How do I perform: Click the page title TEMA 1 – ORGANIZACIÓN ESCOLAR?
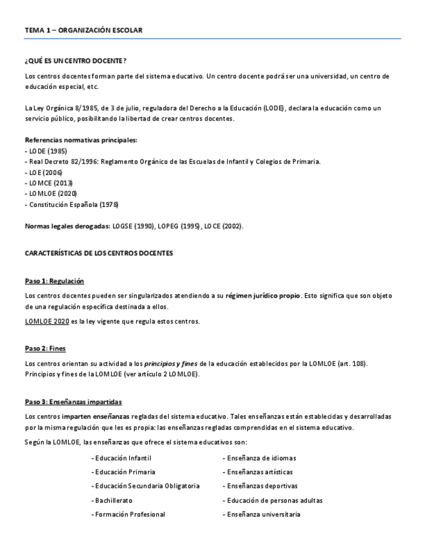[83, 30]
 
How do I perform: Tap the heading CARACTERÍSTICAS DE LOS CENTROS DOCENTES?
[99, 252]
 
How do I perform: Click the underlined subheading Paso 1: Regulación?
[55, 281]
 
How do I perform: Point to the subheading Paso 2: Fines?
[45, 348]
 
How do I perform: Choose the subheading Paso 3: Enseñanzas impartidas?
[73, 401]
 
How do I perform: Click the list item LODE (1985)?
[42, 150]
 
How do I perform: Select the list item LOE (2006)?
[41, 172]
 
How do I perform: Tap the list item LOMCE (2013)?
[45, 183]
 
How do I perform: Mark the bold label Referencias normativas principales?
[80, 139]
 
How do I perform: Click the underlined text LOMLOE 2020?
[46, 322]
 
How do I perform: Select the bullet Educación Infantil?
[123, 458]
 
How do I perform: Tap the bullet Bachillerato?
[113, 500]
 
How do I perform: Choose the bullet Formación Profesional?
[129, 514]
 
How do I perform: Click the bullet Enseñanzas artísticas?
[259, 472]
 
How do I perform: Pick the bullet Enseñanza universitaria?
[263, 514]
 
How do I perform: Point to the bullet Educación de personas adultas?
[274, 500]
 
